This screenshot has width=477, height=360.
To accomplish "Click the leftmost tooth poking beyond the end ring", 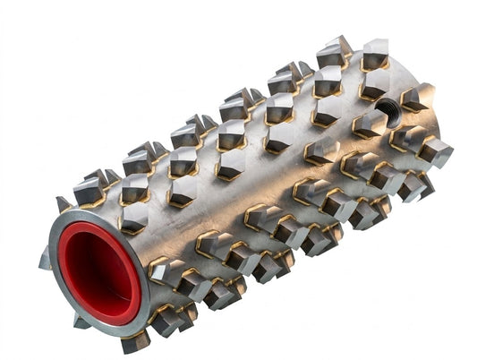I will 45,260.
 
